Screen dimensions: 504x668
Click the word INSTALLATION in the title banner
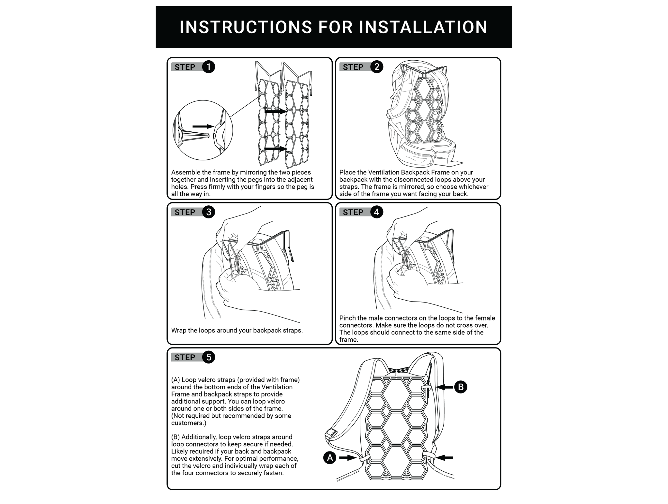click(x=423, y=27)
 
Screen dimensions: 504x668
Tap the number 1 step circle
click(x=208, y=67)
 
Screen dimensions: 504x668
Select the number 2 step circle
click(x=377, y=67)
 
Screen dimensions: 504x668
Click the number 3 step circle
click(x=208, y=212)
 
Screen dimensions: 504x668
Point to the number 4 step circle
click(x=377, y=212)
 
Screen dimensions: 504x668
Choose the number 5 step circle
click(x=208, y=357)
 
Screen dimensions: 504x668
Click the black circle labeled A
click(x=330, y=458)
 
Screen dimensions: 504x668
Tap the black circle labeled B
click(x=461, y=387)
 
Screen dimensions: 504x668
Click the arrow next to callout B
click(x=444, y=387)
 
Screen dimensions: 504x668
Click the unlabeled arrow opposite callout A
click(x=445, y=458)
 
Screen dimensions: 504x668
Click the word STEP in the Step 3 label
click(x=185, y=213)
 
